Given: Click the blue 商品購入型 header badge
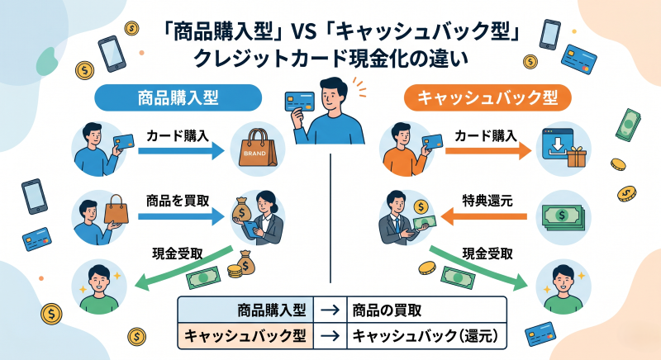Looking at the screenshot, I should tap(177, 97).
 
